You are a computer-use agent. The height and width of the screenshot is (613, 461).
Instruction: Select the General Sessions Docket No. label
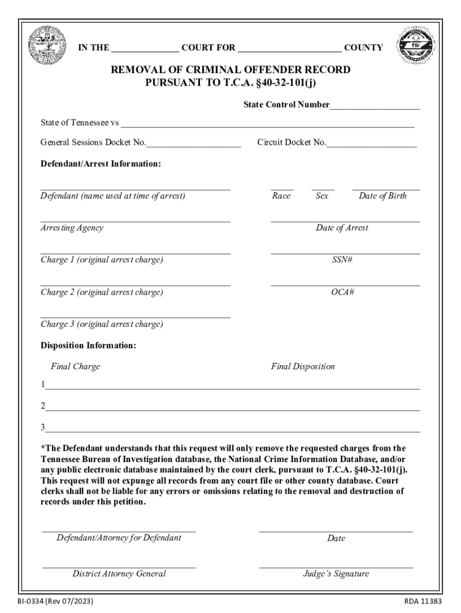click(x=93, y=142)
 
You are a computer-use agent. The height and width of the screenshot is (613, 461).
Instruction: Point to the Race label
click(x=281, y=196)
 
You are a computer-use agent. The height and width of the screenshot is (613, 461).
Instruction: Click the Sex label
click(x=322, y=196)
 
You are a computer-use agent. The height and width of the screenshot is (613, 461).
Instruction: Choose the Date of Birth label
click(x=383, y=196)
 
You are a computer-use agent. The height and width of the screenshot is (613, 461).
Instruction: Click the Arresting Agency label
click(x=72, y=228)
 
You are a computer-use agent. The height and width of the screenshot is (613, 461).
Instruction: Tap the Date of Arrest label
click(x=342, y=228)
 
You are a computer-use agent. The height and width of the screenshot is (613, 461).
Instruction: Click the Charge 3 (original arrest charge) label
click(x=102, y=324)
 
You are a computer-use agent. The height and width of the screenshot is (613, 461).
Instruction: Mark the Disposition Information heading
click(x=89, y=346)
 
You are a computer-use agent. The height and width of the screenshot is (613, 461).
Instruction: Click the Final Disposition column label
click(x=303, y=366)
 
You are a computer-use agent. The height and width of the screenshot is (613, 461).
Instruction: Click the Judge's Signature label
click(x=336, y=573)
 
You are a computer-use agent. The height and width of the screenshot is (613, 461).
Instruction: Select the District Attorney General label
click(x=119, y=573)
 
